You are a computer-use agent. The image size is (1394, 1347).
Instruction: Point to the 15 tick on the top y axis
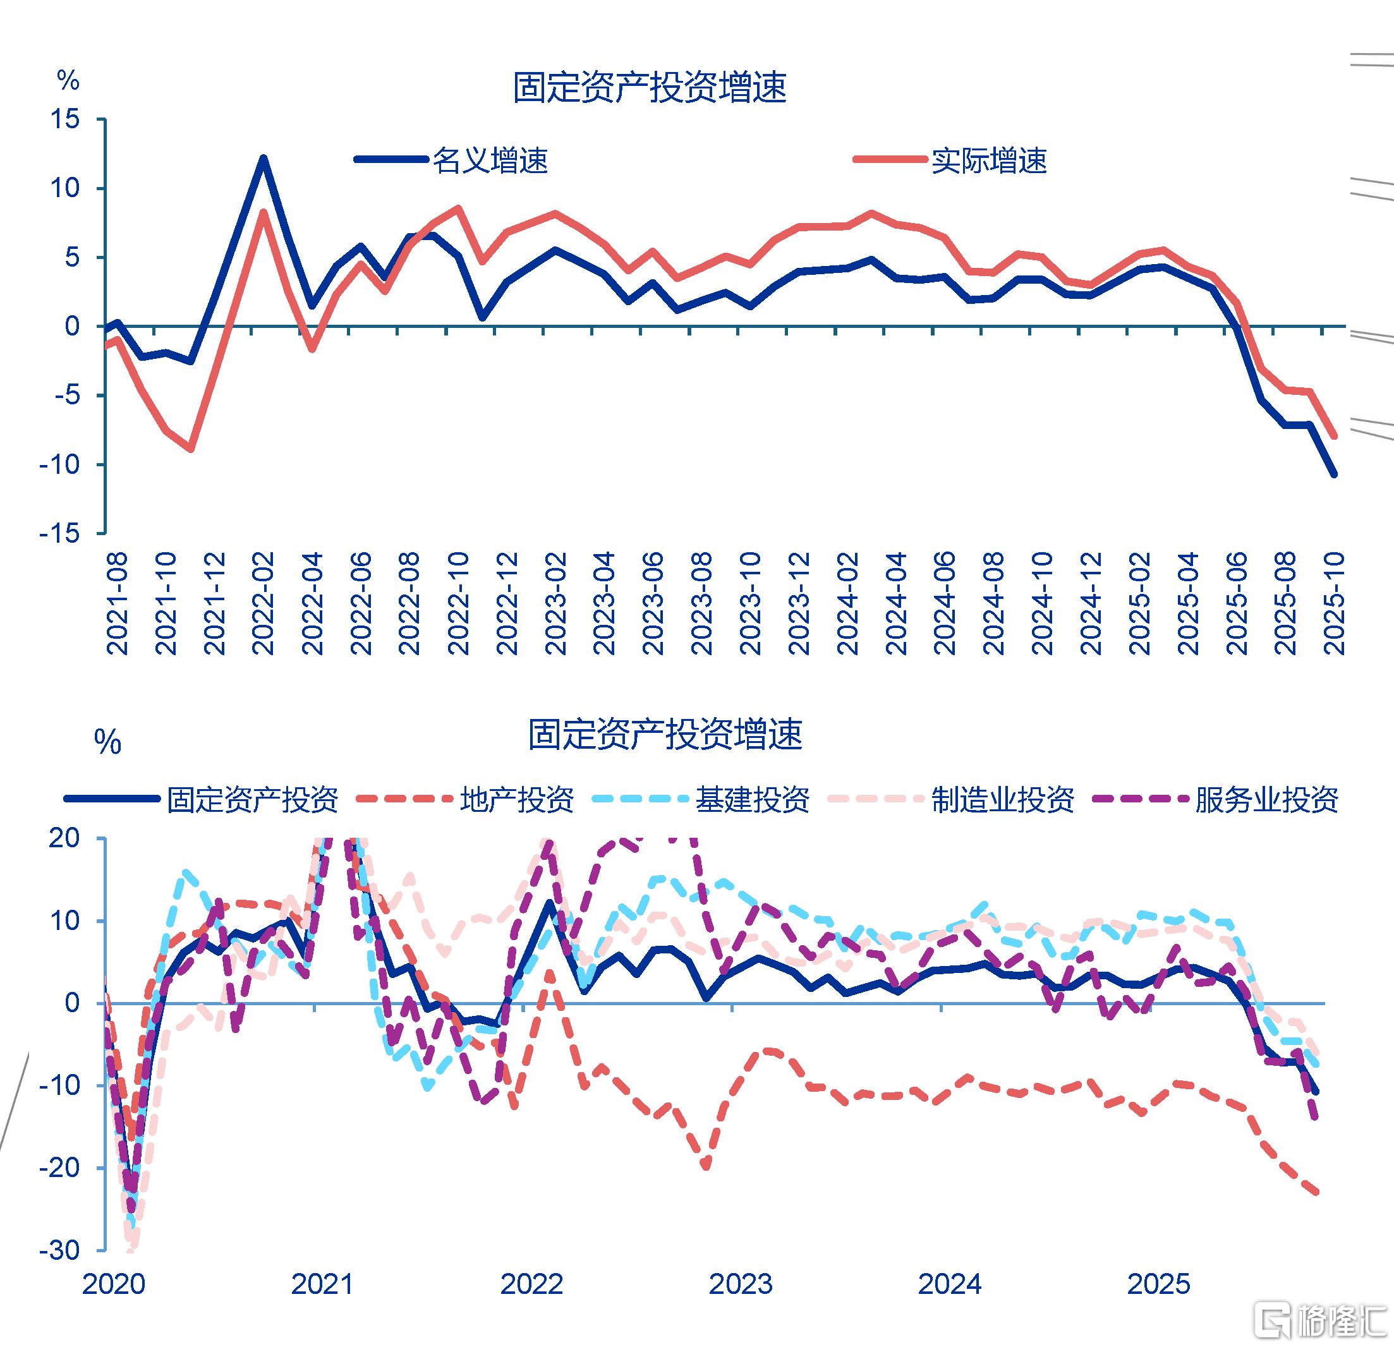click(x=64, y=119)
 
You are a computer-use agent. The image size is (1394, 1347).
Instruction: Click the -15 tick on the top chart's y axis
click(x=60, y=533)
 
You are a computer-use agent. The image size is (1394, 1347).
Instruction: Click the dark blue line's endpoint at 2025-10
click(x=1333, y=474)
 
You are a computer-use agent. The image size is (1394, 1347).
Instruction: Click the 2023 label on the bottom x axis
click(x=741, y=1284)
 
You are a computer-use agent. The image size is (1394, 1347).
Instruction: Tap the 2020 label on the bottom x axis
click(x=114, y=1284)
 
